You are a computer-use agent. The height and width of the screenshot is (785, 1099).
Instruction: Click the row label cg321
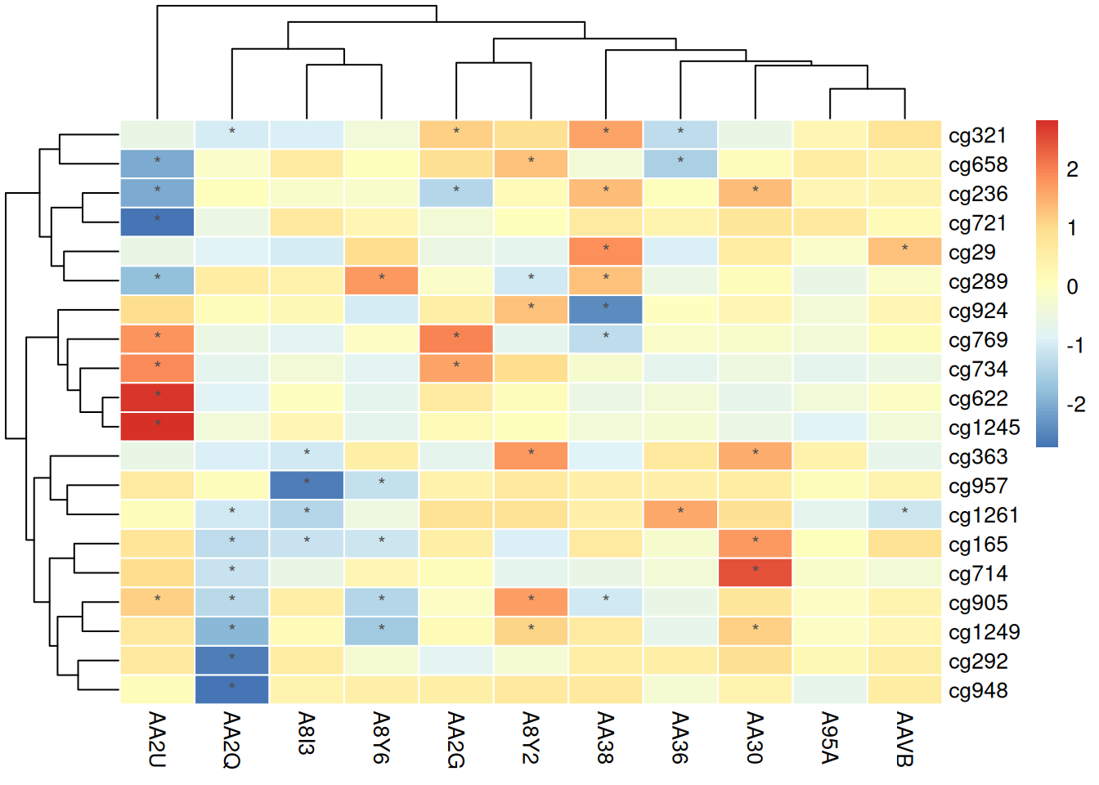tap(977, 136)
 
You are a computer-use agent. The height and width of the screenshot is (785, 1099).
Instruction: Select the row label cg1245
tap(984, 428)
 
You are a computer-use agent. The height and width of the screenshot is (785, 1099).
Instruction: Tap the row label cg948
tap(978, 691)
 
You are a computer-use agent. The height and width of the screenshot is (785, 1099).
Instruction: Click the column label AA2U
tap(157, 739)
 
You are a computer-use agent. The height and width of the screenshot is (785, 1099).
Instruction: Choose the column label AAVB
tap(904, 739)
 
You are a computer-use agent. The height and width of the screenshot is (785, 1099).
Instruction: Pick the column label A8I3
tap(307, 733)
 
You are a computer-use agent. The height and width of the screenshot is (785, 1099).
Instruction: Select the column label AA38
tap(605, 738)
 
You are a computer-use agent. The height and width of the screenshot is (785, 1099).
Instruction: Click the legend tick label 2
tap(1072, 169)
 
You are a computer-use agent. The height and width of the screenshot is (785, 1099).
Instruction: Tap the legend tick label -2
tap(1074, 404)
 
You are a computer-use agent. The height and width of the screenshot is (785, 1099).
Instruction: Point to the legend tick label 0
tap(1072, 287)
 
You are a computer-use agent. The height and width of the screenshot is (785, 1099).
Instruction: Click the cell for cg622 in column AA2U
tap(157, 398)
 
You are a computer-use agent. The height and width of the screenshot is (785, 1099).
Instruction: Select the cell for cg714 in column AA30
tap(755, 573)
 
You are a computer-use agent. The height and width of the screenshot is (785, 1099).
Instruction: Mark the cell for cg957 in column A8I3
tap(307, 486)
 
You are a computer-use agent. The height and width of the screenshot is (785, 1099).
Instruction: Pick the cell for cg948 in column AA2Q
tap(232, 690)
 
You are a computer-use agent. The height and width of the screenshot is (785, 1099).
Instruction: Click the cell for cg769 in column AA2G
tap(456, 339)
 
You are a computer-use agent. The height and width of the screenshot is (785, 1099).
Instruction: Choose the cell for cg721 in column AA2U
tap(157, 222)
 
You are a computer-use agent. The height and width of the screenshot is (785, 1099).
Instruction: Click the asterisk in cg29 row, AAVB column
tap(904, 249)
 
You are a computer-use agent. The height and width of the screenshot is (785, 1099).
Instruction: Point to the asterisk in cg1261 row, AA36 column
tap(680, 512)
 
